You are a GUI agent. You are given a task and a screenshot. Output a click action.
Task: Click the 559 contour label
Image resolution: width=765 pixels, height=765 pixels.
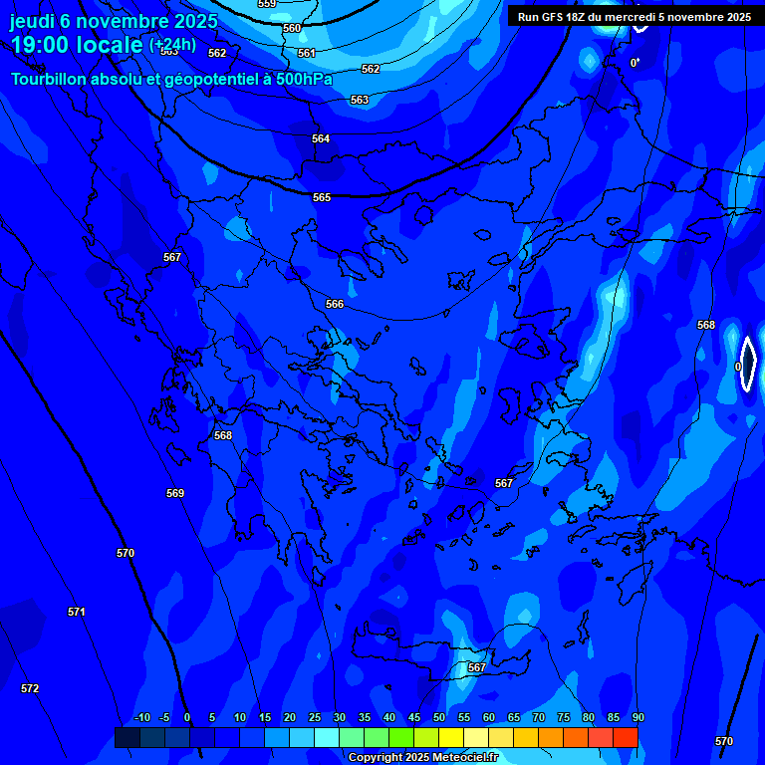(267, 4)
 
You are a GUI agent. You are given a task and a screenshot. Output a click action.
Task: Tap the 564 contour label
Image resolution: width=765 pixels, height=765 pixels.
(321, 138)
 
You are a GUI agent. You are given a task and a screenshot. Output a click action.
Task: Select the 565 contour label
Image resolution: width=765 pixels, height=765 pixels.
(322, 197)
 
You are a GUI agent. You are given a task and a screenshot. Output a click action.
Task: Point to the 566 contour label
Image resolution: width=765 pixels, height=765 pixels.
(335, 304)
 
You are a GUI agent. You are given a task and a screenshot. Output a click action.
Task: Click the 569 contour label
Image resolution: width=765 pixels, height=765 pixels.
(175, 493)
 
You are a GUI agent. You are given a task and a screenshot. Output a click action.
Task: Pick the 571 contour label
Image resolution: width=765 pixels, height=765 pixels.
(77, 612)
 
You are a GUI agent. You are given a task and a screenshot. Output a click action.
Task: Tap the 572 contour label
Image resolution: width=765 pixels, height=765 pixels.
(30, 688)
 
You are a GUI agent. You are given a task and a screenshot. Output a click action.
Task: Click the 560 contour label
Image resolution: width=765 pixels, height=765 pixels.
(292, 28)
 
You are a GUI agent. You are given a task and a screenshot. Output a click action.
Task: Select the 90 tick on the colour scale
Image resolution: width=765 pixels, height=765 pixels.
(637, 717)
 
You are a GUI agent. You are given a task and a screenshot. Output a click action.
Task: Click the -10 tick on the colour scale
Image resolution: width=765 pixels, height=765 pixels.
(142, 717)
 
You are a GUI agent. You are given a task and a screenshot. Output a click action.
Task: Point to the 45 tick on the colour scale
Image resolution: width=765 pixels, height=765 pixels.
(414, 717)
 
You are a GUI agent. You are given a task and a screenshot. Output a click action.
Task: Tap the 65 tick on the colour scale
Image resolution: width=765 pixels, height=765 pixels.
(514, 717)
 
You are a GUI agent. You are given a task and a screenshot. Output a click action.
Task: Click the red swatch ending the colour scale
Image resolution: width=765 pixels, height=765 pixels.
(626, 737)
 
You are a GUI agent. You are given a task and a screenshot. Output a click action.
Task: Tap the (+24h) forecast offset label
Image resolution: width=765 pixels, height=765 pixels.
(172, 45)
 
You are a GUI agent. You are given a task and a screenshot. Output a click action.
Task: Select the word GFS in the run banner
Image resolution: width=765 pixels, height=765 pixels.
(554, 17)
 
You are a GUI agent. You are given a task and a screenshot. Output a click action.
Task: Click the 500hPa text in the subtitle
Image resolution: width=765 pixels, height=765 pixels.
(302, 79)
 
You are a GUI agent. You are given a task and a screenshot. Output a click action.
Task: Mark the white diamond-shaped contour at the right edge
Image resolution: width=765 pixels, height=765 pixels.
(747, 364)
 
